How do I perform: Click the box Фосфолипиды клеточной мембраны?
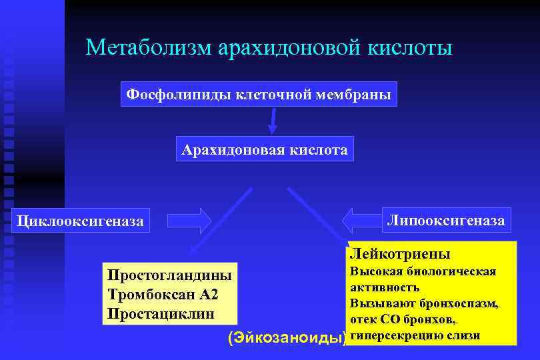click(x=259, y=94)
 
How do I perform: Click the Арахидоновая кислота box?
click(x=265, y=149)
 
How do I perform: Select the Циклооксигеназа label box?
click(x=81, y=221)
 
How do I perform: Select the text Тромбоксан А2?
click(x=162, y=294)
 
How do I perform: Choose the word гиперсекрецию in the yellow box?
click(x=390, y=335)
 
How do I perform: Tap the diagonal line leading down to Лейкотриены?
click(x=317, y=215)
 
